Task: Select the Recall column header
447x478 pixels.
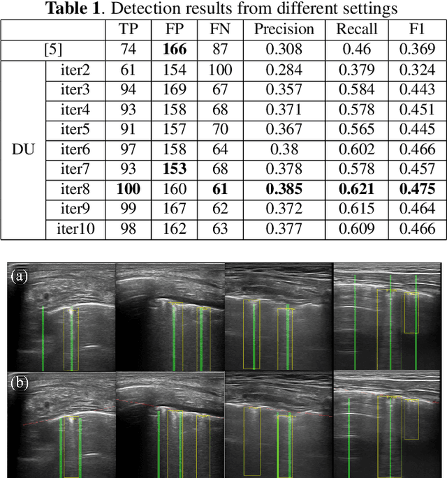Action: tap(357, 29)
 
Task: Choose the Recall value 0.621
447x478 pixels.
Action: tap(357, 188)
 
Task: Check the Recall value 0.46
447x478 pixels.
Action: tap(357, 50)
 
